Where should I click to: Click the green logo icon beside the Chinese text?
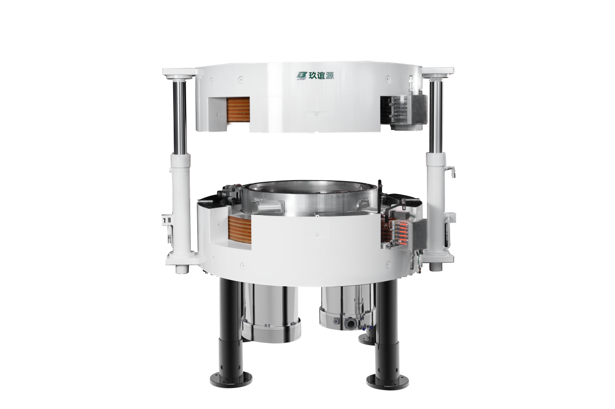tap(301, 75)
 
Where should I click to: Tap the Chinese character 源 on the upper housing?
tap(330, 75)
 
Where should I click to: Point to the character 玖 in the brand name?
tap(313, 75)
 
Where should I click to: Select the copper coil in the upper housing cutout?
tap(238, 113)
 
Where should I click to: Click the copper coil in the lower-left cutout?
tap(240, 230)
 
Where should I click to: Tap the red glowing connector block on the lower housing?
tap(401, 234)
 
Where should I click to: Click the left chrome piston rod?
tap(179, 117)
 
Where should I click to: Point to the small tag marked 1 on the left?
tap(166, 220)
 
